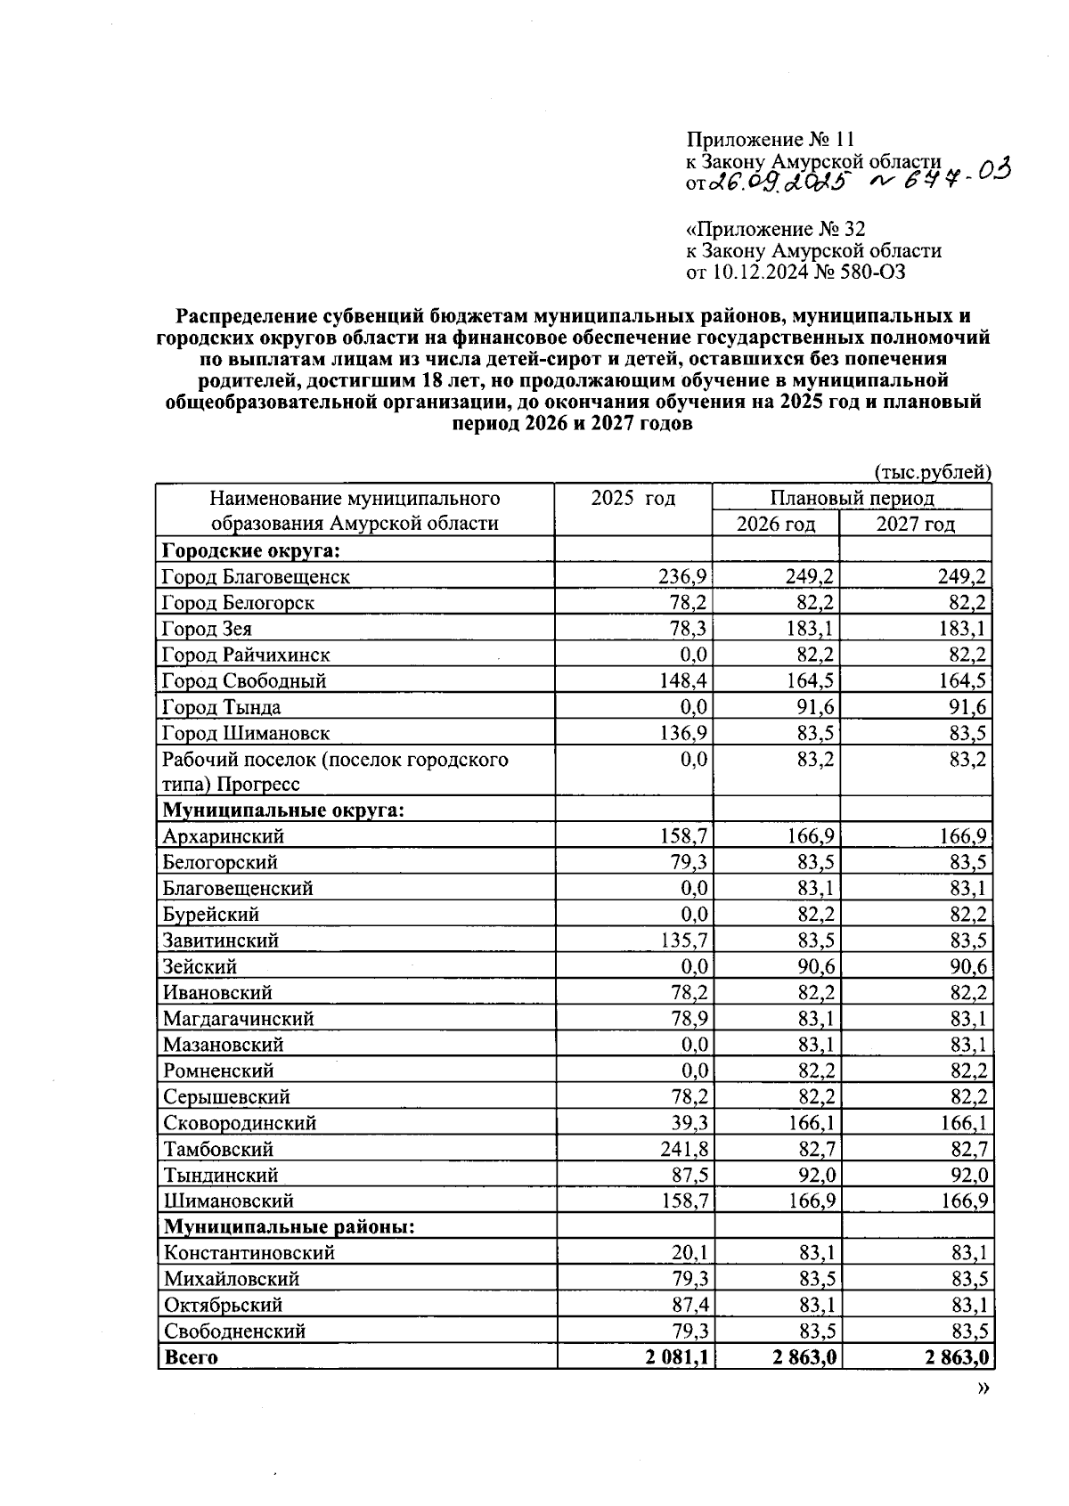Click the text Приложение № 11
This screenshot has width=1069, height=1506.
tap(770, 140)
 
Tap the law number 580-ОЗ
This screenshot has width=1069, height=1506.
tap(869, 273)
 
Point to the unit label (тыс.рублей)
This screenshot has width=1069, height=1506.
tap(933, 472)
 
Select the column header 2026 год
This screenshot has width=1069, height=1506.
tap(775, 524)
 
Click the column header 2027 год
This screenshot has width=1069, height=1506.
tap(915, 524)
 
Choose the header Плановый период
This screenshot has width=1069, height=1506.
tap(852, 498)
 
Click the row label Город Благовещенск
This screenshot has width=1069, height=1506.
tap(256, 576)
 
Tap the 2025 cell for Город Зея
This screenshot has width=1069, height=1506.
tap(690, 629)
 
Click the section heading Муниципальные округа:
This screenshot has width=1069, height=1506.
tap(282, 810)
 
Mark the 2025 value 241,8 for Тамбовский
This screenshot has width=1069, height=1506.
tap(683, 1149)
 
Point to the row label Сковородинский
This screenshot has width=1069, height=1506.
tap(239, 1123)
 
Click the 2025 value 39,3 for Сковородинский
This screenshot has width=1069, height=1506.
tap(690, 1123)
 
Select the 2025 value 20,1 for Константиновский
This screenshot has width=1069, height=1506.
tap(690, 1253)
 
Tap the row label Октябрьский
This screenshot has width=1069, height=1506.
tap(223, 1305)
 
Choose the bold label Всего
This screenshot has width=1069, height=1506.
tap(191, 1357)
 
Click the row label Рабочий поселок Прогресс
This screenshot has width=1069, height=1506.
tap(335, 771)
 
